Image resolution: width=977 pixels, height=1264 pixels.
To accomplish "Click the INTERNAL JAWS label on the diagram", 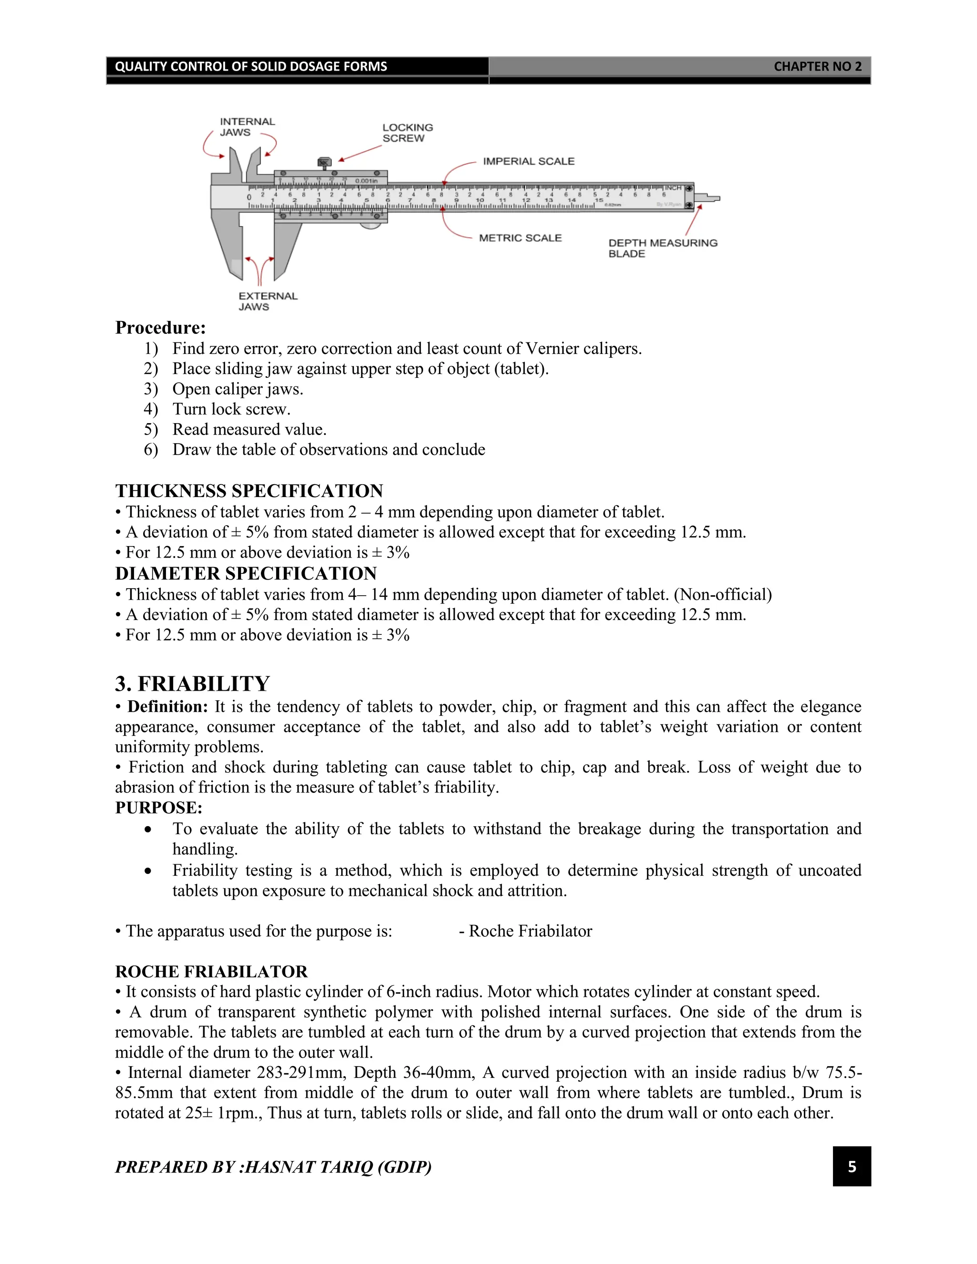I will click(x=247, y=127).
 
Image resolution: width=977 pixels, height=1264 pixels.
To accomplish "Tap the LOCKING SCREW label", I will click(x=407, y=133).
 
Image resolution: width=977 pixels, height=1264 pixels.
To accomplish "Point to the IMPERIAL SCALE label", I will click(x=529, y=162).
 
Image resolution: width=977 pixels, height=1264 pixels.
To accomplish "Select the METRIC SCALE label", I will click(x=520, y=238).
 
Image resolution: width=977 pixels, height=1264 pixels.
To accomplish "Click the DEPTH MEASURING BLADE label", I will click(x=662, y=249).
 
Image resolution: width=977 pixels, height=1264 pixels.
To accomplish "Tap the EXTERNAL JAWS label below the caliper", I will click(x=268, y=301).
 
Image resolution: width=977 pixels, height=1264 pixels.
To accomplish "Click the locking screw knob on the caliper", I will click(x=324, y=163).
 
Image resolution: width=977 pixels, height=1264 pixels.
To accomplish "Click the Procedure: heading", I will click(x=160, y=328).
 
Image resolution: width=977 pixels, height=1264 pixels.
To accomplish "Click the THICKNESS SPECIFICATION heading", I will click(x=249, y=491).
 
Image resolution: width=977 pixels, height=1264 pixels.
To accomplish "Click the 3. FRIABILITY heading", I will click(x=192, y=684).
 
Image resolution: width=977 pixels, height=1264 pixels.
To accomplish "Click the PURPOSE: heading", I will click(x=158, y=808).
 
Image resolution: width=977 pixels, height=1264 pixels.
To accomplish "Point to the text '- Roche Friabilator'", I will click(x=526, y=931).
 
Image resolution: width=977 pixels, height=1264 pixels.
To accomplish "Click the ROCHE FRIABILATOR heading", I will click(x=211, y=972).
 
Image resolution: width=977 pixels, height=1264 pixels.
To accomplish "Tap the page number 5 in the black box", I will click(x=852, y=1167).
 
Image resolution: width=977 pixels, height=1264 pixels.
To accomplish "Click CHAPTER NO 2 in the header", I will click(x=817, y=67).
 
